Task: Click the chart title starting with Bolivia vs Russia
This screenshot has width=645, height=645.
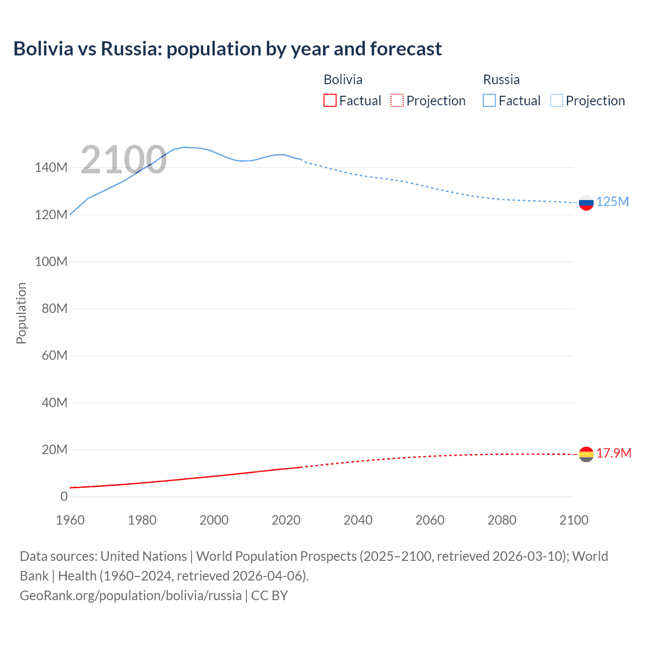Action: (x=227, y=49)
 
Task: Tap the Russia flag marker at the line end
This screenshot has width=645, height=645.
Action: (x=586, y=203)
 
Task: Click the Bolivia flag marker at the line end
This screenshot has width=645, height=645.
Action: (x=586, y=454)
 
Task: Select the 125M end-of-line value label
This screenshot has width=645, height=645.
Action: (x=612, y=202)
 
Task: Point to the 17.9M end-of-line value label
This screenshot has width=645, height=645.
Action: (x=614, y=454)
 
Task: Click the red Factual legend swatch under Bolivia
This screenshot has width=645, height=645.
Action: (x=330, y=101)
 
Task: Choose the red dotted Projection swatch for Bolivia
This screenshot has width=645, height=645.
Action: (x=397, y=101)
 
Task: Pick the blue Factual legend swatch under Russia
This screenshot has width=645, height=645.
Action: (x=489, y=101)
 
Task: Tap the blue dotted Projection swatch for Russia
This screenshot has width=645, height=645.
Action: (x=557, y=101)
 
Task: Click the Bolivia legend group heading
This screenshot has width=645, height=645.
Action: (x=343, y=80)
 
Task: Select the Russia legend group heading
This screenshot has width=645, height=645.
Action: (x=501, y=80)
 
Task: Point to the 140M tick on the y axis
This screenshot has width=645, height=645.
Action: (x=51, y=168)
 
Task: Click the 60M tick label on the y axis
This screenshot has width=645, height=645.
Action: (x=54, y=356)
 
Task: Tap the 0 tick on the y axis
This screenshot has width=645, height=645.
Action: (x=64, y=497)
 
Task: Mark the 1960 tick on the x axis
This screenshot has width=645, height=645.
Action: (x=70, y=520)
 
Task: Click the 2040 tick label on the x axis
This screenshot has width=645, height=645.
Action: (x=358, y=520)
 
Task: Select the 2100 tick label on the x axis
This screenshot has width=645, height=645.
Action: (x=573, y=520)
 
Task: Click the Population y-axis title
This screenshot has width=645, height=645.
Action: (x=21, y=313)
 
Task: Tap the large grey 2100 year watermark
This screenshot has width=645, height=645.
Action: (x=123, y=160)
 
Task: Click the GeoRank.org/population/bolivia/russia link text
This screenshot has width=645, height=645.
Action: (x=131, y=596)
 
